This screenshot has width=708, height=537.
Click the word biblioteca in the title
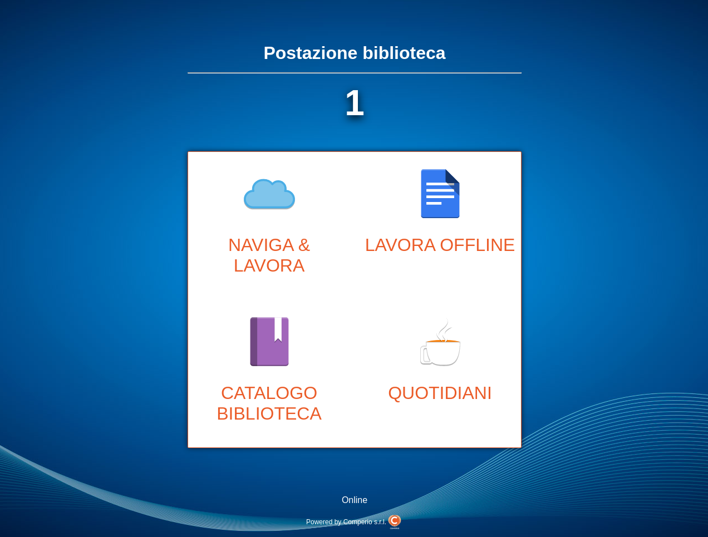(404, 53)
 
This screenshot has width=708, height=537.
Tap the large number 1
(355, 104)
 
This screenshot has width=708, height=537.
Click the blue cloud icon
(269, 194)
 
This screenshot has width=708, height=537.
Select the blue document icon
(440, 194)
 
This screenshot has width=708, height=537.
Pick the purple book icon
(269, 342)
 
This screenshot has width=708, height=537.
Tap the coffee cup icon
(441, 351)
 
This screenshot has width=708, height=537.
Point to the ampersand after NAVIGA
(304, 245)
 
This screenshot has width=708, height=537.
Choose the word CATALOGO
(269, 393)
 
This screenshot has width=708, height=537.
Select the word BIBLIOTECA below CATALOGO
(269, 414)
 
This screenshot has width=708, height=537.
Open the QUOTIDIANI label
(440, 393)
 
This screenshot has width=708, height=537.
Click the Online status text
(355, 500)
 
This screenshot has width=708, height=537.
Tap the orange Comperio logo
(395, 521)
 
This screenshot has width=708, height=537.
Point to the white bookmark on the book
(278, 328)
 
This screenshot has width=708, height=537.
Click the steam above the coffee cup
(444, 330)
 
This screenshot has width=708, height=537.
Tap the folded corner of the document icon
(452, 176)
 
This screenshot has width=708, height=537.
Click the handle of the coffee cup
(425, 354)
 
